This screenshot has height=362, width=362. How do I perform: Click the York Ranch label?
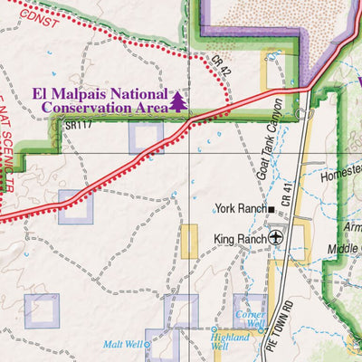pos(240,208)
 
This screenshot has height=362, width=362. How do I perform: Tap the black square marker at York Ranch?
pos(270,208)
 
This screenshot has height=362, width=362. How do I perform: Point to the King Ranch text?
pos(238,239)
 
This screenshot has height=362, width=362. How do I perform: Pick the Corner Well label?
pos(250,318)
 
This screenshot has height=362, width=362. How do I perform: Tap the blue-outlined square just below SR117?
pos(146,137)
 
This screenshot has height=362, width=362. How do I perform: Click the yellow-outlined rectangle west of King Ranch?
pos(188,242)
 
